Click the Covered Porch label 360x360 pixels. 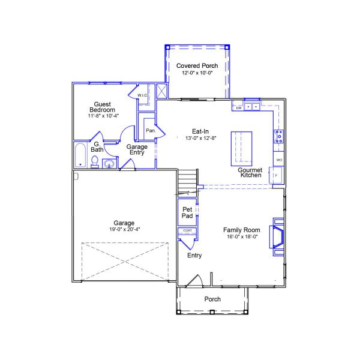(x=197, y=65)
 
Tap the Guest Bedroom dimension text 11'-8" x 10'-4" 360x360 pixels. (x=103, y=116)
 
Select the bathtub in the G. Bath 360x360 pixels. (x=80, y=155)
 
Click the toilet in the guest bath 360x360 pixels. (x=95, y=161)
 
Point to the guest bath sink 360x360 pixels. (x=109, y=164)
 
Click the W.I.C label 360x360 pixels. (x=142, y=95)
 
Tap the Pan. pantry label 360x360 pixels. (x=151, y=130)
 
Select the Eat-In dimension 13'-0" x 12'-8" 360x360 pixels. (x=200, y=138)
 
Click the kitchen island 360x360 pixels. (x=241, y=149)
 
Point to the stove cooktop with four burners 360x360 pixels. (x=279, y=136)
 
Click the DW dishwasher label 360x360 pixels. (x=239, y=108)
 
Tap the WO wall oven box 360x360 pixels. (x=279, y=159)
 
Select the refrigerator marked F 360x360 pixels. (x=276, y=175)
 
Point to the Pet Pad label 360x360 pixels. (x=187, y=212)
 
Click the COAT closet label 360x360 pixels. (x=187, y=230)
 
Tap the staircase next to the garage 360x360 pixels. (x=188, y=183)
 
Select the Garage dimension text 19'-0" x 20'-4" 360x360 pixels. (x=125, y=229)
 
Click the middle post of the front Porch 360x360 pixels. (x=212, y=312)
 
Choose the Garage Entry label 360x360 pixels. (x=137, y=149)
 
